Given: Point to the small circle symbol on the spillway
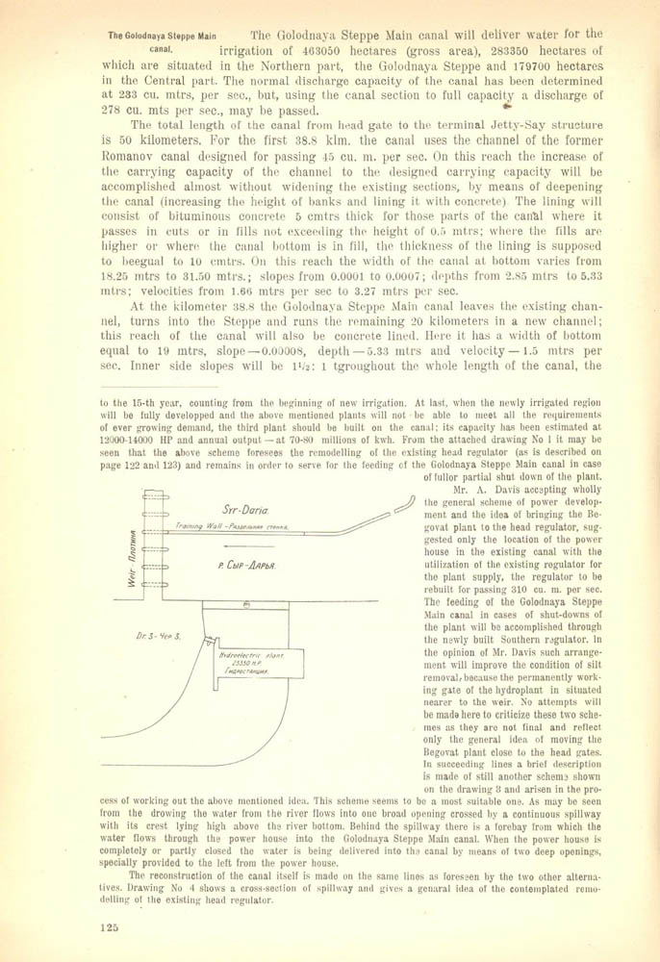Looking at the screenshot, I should click(x=246, y=605).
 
